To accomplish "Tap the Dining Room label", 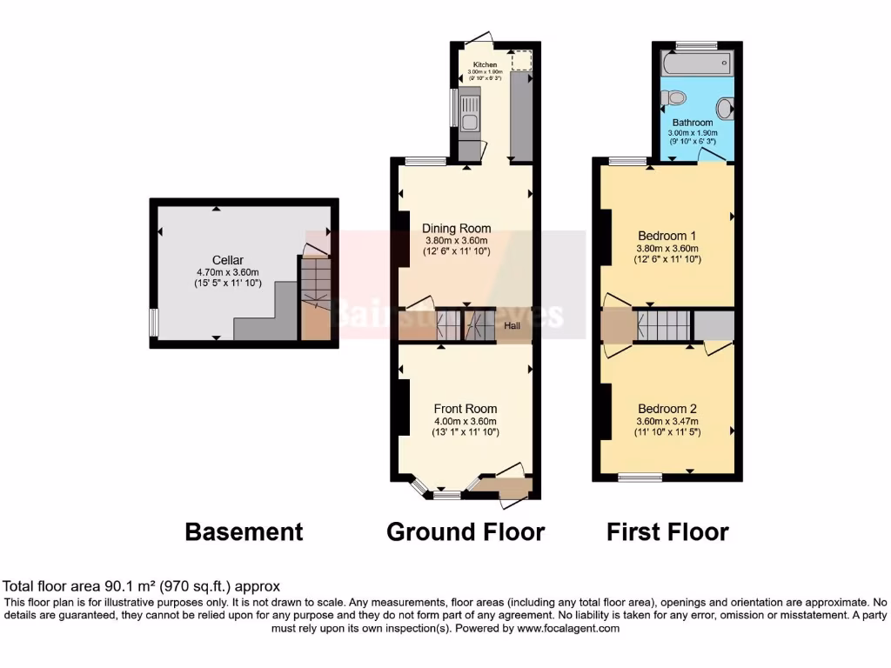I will [457, 229].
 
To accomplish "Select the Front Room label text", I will [466, 408].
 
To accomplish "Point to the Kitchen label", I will [485, 65].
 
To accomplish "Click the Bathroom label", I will [692, 123].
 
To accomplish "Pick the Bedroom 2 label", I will [667, 409].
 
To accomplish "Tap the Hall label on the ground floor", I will [513, 326].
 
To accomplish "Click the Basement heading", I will [244, 531].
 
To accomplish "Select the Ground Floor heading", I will [466, 531].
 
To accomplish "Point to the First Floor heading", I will [667, 531].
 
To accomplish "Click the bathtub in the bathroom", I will [696, 64].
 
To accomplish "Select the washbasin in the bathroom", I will [724, 108].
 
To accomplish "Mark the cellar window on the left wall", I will [153, 322].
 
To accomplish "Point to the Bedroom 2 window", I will [640, 476].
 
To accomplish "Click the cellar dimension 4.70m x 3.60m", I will [228, 272].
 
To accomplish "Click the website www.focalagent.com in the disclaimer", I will [568, 628].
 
